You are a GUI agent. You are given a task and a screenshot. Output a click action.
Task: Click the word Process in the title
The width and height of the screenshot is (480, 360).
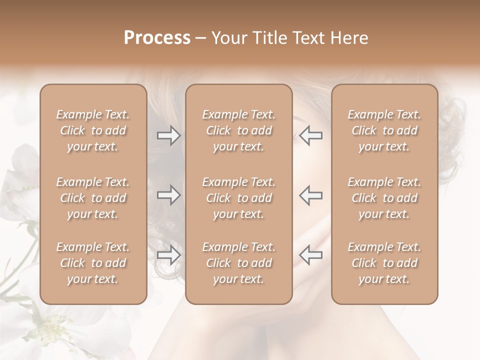coord(157,38)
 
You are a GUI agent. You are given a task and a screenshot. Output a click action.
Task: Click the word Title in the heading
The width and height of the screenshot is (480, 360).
coord(270,38)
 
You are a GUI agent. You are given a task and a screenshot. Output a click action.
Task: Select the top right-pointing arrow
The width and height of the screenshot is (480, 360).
coord(168,135)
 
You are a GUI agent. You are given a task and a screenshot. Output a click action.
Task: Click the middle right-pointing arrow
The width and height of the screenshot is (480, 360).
coord(168,195)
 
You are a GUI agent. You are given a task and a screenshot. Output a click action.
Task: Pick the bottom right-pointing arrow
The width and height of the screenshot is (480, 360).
coord(168,255)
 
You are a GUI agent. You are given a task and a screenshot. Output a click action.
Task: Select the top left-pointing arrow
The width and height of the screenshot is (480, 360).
coord(311,135)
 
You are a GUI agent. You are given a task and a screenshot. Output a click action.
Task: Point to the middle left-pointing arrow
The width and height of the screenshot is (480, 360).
coord(311,195)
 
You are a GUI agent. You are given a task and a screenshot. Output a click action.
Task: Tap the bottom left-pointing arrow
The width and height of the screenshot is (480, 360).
coord(311,254)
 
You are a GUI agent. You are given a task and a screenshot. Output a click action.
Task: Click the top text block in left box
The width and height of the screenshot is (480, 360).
coord(93,130)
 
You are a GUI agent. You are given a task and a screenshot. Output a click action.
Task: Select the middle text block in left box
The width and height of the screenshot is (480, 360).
coord(93,198)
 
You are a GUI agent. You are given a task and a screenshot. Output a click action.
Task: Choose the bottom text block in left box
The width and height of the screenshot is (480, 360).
coord(93,263)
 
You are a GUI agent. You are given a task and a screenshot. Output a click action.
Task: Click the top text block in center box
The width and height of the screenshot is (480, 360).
coord(238,130)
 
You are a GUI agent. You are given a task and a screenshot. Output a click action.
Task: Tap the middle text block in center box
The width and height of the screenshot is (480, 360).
coord(238,198)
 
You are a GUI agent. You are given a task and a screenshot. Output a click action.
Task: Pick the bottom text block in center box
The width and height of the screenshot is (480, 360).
coord(238,263)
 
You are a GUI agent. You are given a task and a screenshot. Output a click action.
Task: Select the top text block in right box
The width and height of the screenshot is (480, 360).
coord(384,130)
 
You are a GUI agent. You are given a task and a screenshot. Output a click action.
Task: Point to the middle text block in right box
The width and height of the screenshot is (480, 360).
coord(384,198)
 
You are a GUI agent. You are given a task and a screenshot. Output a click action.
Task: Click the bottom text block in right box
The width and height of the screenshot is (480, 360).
coord(384,263)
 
